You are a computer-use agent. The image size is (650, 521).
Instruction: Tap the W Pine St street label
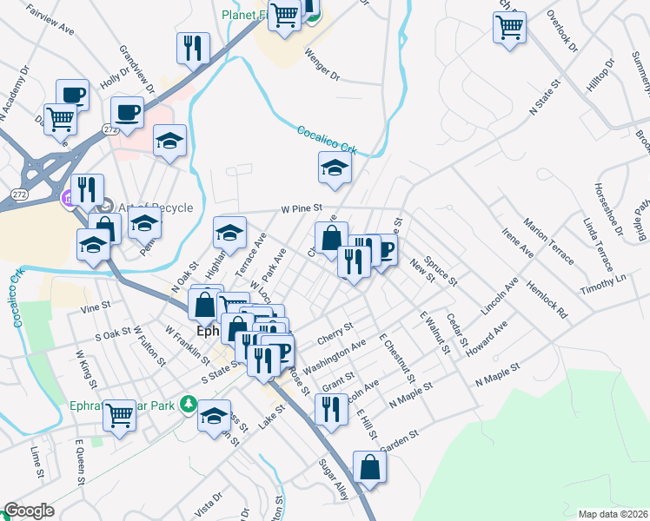coord(302,209)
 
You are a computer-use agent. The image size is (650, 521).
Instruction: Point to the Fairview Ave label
coord(50,23)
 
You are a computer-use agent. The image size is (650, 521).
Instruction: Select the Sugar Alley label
coord(329,481)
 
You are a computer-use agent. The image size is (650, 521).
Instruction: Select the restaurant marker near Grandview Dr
coord(193,47)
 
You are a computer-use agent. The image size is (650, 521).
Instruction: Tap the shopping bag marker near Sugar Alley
coord(369,466)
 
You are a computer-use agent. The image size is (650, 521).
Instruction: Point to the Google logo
coord(29,511)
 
